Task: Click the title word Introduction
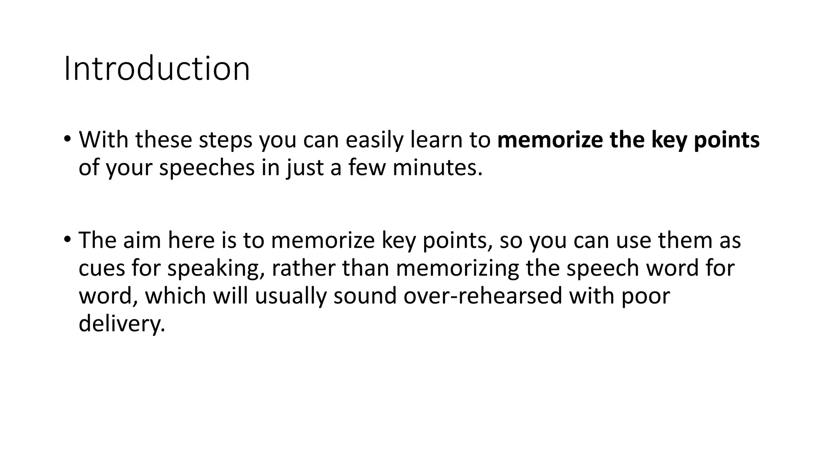(157, 69)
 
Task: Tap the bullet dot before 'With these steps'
(67, 139)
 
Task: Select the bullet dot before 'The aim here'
(67, 240)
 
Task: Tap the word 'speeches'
(207, 167)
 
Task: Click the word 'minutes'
(437, 167)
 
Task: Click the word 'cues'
(102, 268)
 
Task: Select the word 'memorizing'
(457, 268)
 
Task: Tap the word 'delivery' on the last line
(122, 323)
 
